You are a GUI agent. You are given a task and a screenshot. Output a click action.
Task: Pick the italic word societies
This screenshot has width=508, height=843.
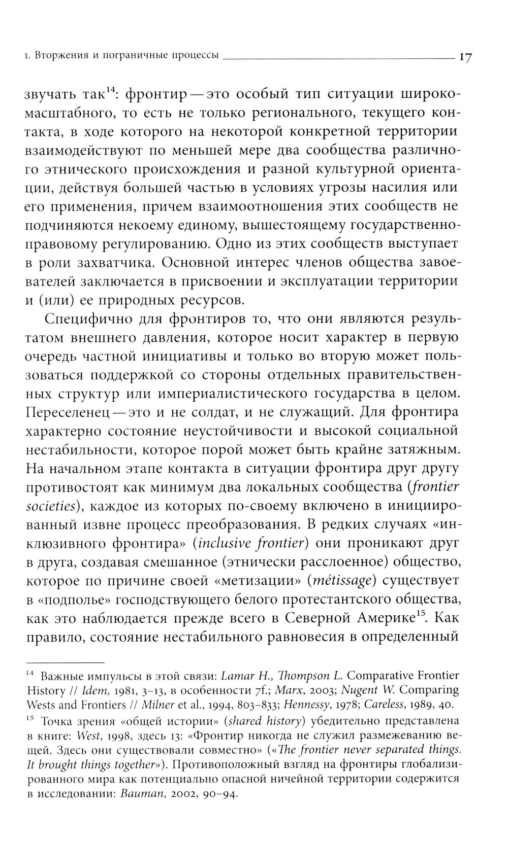point(50,506)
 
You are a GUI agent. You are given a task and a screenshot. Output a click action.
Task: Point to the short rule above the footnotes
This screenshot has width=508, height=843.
point(65,661)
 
